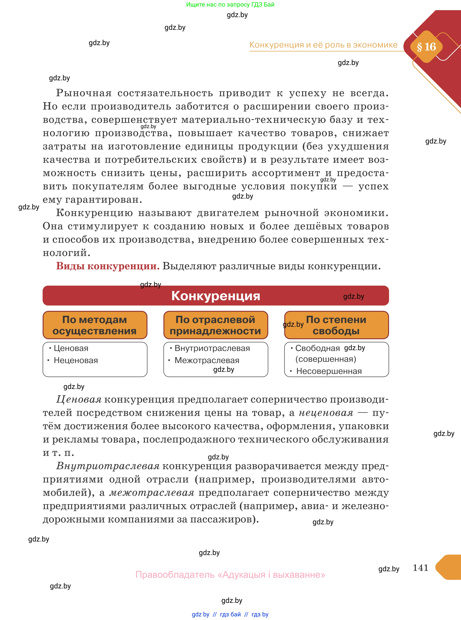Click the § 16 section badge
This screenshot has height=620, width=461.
pyautogui.click(x=426, y=47)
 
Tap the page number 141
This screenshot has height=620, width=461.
pyautogui.click(x=420, y=567)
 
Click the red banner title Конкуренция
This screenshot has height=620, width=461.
pyautogui.click(x=215, y=296)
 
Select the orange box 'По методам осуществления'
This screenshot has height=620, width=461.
pyautogui.click(x=95, y=325)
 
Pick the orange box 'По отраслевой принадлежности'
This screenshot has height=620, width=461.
pyautogui.click(x=215, y=325)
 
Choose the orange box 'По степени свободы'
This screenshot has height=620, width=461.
pyautogui.click(x=336, y=325)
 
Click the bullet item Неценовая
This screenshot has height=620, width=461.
pyautogui.click(x=76, y=360)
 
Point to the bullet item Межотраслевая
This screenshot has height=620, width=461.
pyautogui.click(x=207, y=360)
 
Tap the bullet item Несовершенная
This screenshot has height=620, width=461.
pyautogui.click(x=329, y=371)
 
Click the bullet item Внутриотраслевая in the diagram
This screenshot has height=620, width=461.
pyautogui.click(x=212, y=348)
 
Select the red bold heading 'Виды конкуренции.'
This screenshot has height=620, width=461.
pyautogui.click(x=108, y=266)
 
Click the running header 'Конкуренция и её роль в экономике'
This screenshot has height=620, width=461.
pyautogui.click(x=323, y=45)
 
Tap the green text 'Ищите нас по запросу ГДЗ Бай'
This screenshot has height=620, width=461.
pyautogui.click(x=230, y=5)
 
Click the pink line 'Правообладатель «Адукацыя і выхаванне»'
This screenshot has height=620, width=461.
pyautogui.click(x=230, y=574)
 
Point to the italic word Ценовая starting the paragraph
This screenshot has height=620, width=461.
pyautogui.click(x=79, y=399)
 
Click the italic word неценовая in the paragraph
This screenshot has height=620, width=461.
pyautogui.click(x=326, y=413)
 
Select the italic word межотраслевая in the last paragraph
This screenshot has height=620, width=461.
pyautogui.click(x=152, y=493)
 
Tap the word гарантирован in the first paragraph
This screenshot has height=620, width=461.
pyautogui.click(x=104, y=199)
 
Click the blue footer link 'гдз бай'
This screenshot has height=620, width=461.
pyautogui.click(x=230, y=614)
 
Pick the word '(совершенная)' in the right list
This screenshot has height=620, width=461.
pyautogui.click(x=326, y=359)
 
